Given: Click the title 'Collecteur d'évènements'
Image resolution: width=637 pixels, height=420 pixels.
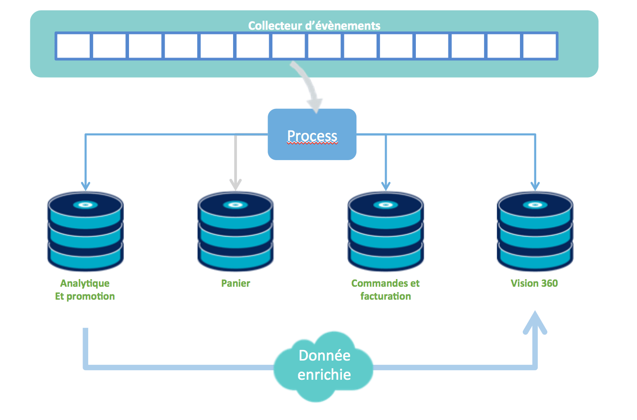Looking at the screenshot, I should pyautogui.click(x=314, y=25).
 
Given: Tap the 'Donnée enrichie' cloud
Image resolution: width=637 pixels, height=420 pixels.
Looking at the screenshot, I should pyautogui.click(x=324, y=365).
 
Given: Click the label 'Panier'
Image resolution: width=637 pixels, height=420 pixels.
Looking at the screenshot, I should pyautogui.click(x=236, y=283).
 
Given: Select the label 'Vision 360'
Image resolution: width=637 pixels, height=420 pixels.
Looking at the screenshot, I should pyautogui.click(x=534, y=283).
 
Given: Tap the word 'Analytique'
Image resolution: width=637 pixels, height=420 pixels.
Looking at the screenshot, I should pyautogui.click(x=85, y=283).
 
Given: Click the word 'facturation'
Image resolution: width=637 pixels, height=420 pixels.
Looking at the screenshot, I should pyautogui.click(x=386, y=296).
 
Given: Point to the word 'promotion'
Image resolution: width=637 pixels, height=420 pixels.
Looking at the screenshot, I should pyautogui.click(x=91, y=296).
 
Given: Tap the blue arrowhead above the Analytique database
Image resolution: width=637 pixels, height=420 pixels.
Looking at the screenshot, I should pyautogui.click(x=85, y=186).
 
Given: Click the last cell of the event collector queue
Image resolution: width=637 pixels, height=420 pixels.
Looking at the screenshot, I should pyautogui.click(x=539, y=46).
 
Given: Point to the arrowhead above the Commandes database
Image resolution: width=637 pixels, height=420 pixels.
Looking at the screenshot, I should pyautogui.click(x=386, y=186).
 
